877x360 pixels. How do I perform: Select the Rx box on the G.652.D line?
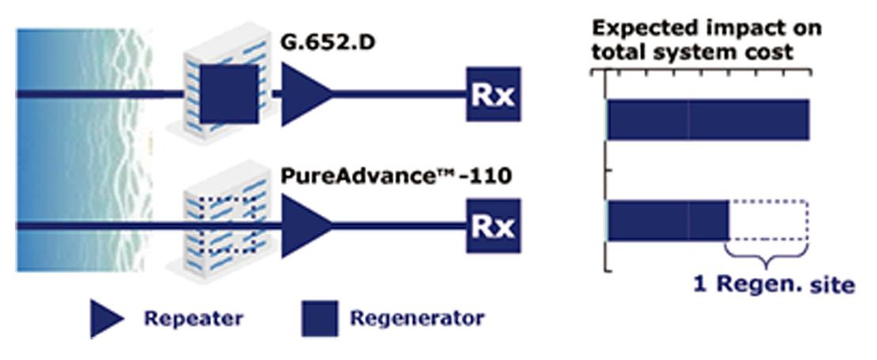click(x=493, y=94)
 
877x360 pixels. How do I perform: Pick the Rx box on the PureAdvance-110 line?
click(x=493, y=225)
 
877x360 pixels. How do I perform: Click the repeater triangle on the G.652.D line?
click(x=306, y=94)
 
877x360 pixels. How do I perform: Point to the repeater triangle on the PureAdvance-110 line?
click(x=306, y=225)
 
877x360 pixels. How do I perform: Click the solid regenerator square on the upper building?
click(x=229, y=94)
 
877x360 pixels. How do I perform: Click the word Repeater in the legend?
click(x=193, y=320)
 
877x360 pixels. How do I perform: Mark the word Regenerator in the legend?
click(x=416, y=320)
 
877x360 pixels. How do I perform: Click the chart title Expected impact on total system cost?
click(x=707, y=40)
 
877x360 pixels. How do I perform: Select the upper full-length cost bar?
click(x=708, y=119)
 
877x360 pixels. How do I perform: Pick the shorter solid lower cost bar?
click(x=668, y=221)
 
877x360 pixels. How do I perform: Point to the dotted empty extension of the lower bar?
click(x=768, y=221)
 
